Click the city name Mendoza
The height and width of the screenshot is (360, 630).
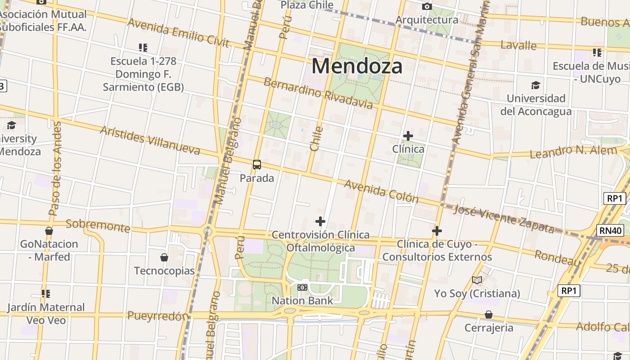point(357,66)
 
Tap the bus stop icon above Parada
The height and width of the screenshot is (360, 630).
point(257,165)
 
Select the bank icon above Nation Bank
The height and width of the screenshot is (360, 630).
point(302,287)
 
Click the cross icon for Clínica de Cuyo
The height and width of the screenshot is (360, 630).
point(436,231)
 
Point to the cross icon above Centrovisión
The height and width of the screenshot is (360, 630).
point(320,221)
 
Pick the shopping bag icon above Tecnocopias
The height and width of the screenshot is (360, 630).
point(164,257)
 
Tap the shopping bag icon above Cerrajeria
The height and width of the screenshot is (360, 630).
point(489,315)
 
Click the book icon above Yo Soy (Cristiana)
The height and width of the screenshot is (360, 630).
point(477,280)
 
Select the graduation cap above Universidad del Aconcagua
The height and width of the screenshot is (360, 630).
point(535,85)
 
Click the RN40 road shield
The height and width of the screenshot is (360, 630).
point(611,231)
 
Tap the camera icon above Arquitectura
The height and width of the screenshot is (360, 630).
point(427,7)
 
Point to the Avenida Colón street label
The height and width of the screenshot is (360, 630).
point(381,191)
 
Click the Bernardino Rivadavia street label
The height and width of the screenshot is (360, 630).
point(318,94)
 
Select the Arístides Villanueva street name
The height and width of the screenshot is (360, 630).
point(150,140)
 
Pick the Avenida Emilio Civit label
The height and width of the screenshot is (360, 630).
point(179,32)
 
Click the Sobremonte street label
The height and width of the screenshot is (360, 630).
point(98,226)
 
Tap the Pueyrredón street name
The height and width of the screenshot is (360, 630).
point(157,316)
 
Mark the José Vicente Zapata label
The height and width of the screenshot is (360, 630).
point(504,219)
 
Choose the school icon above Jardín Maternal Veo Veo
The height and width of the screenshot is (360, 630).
point(45,294)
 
